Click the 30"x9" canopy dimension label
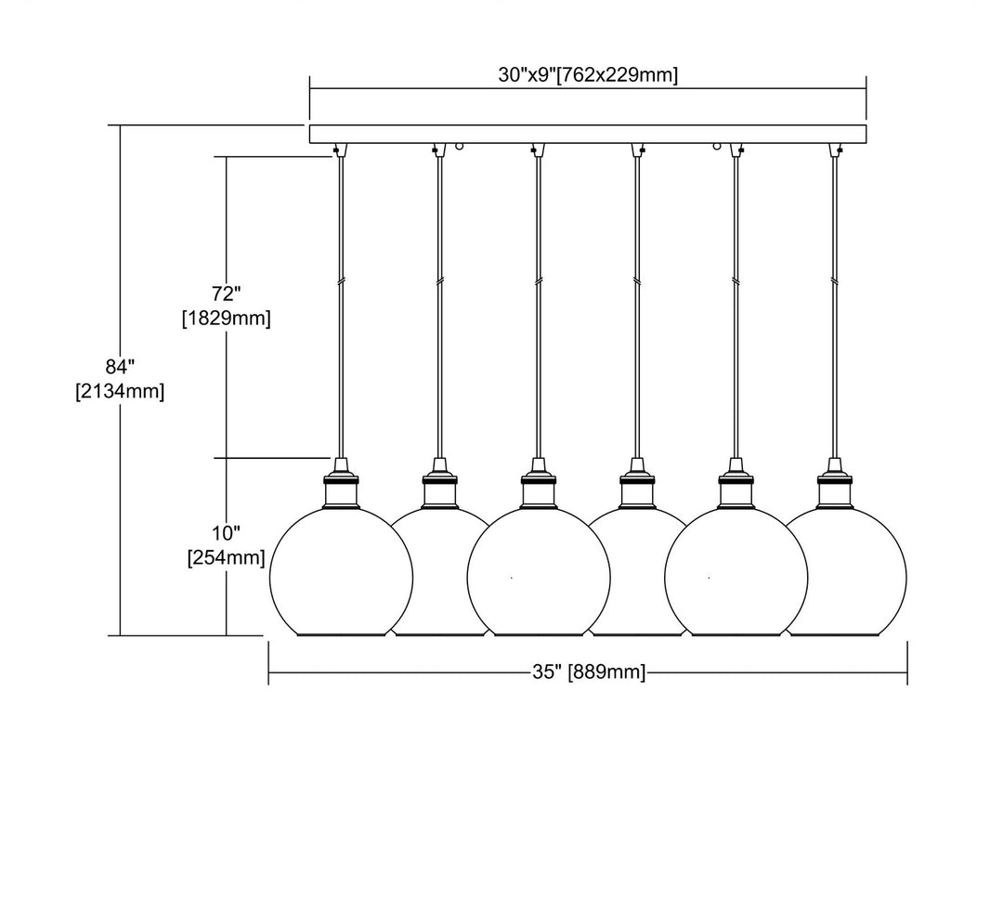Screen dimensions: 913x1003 (x=587, y=76)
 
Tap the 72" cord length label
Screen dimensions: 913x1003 (x=227, y=294)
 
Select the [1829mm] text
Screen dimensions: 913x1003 (x=227, y=319)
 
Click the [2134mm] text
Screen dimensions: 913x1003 (x=120, y=391)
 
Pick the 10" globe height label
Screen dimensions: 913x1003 (x=226, y=533)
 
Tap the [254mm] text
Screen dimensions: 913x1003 (x=226, y=558)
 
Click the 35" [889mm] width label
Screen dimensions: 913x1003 (x=589, y=672)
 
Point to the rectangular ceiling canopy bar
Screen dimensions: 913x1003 (x=587, y=134)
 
